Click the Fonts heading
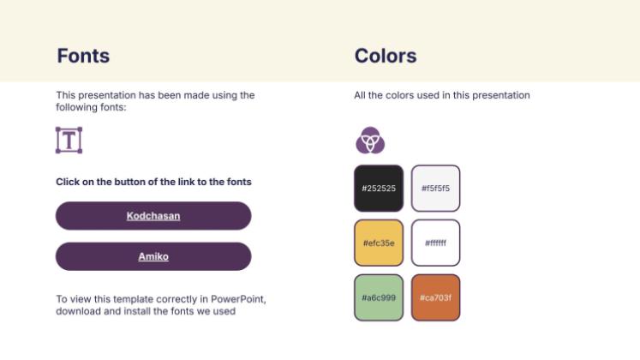click(x=83, y=57)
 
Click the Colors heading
click(x=386, y=57)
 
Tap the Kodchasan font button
click(x=153, y=216)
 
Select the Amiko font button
click(x=153, y=256)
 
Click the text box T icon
click(x=69, y=140)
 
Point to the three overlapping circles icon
click(x=370, y=140)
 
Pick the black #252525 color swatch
click(x=379, y=189)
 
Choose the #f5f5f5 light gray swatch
click(x=435, y=189)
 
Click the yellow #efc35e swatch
click(x=379, y=243)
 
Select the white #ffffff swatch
click(x=435, y=243)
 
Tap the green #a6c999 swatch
click(x=379, y=297)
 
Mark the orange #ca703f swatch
click(x=435, y=297)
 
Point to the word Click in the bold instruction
click(x=69, y=182)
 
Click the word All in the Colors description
click(x=360, y=95)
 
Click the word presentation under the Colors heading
click(x=502, y=95)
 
